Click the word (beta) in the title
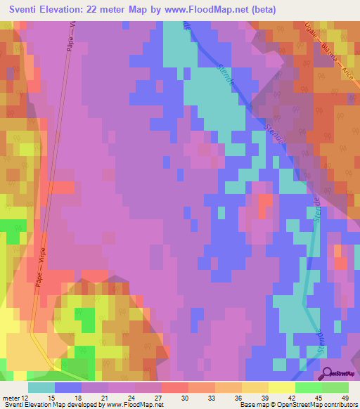(261, 10)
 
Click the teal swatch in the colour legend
(41, 387)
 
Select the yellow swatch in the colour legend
(281, 387)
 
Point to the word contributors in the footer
(337, 405)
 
